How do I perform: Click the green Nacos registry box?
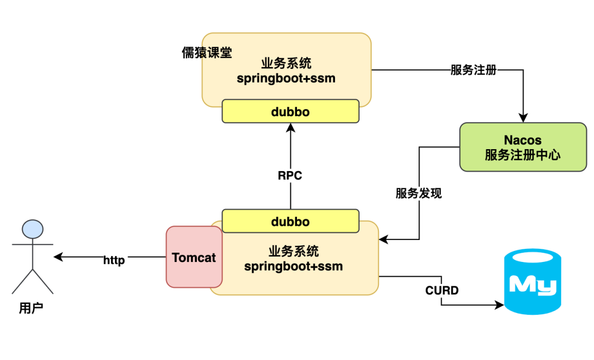[x=522, y=147]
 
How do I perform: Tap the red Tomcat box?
[x=194, y=257]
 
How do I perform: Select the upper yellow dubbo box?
[x=290, y=112]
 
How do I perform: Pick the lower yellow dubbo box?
[x=290, y=221]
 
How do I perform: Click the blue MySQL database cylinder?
[x=532, y=282]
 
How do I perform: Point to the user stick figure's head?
[x=32, y=229]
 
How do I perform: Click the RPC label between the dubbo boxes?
[x=290, y=176]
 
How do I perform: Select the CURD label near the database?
[x=442, y=290]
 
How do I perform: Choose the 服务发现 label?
[x=418, y=193]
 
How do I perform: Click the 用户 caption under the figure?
[x=31, y=308]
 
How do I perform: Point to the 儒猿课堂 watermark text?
[x=207, y=53]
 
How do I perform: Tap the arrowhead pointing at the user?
[x=58, y=257]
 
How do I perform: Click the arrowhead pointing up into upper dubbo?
[x=290, y=128]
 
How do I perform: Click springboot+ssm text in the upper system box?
[x=286, y=78]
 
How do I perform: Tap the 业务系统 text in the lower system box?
[x=293, y=252]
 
